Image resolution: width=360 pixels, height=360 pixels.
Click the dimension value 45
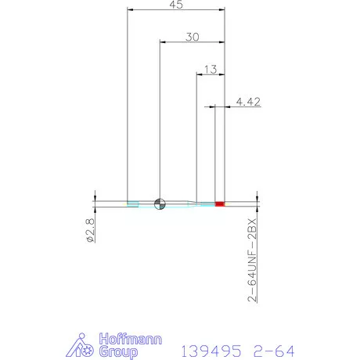tap(175, 5)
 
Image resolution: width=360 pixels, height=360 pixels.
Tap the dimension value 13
tap(209, 70)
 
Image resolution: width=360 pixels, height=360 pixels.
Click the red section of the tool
tap(220, 203)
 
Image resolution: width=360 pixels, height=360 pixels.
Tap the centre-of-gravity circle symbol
tap(160, 203)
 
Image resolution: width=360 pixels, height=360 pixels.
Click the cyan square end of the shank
tap(133, 203)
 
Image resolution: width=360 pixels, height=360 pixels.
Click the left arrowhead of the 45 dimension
tap(131, 10)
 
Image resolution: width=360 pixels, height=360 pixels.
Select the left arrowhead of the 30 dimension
tap(163, 41)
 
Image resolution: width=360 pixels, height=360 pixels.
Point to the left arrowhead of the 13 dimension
tap(199, 75)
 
